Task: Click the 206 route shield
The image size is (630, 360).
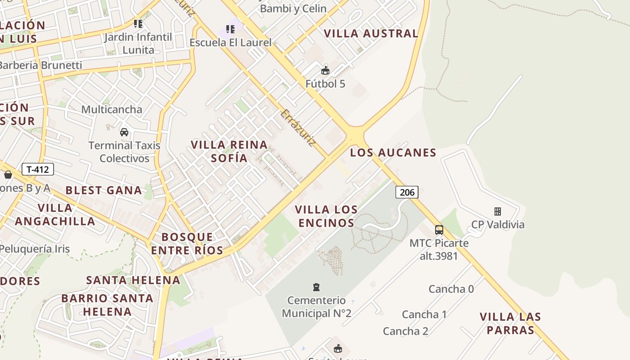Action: pyautogui.click(x=407, y=192)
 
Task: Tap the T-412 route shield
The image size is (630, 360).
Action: pyautogui.click(x=38, y=170)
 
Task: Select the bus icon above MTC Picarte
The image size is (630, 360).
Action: pyautogui.click(x=439, y=230)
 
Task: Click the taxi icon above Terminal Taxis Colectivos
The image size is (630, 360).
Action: pyautogui.click(x=124, y=132)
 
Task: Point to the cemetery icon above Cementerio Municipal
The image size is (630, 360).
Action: pyautogui.click(x=316, y=287)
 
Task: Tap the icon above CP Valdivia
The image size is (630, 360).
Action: pyautogui.click(x=498, y=211)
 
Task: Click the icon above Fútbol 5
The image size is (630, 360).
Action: pyautogui.click(x=325, y=71)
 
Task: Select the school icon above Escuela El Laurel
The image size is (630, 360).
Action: pyautogui.click(x=230, y=30)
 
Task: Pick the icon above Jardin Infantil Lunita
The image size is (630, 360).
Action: pyautogui.click(x=138, y=24)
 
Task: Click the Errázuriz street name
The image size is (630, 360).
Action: pyautogui.click(x=297, y=128)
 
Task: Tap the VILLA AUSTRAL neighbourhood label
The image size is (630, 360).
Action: pyautogui.click(x=371, y=33)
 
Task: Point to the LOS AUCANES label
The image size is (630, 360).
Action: pyautogui.click(x=393, y=153)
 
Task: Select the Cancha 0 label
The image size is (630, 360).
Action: pyautogui.click(x=451, y=289)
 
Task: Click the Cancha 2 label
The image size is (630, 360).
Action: pyautogui.click(x=405, y=331)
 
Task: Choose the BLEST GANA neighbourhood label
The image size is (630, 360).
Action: pyautogui.click(x=103, y=190)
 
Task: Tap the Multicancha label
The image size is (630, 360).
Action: pyautogui.click(x=112, y=109)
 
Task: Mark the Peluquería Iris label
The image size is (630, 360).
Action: pyautogui.click(x=35, y=249)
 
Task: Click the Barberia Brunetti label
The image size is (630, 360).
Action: pyautogui.click(x=40, y=65)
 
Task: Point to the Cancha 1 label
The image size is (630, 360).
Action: pyautogui.click(x=424, y=314)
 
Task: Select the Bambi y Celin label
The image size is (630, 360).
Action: pyautogui.click(x=293, y=8)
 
